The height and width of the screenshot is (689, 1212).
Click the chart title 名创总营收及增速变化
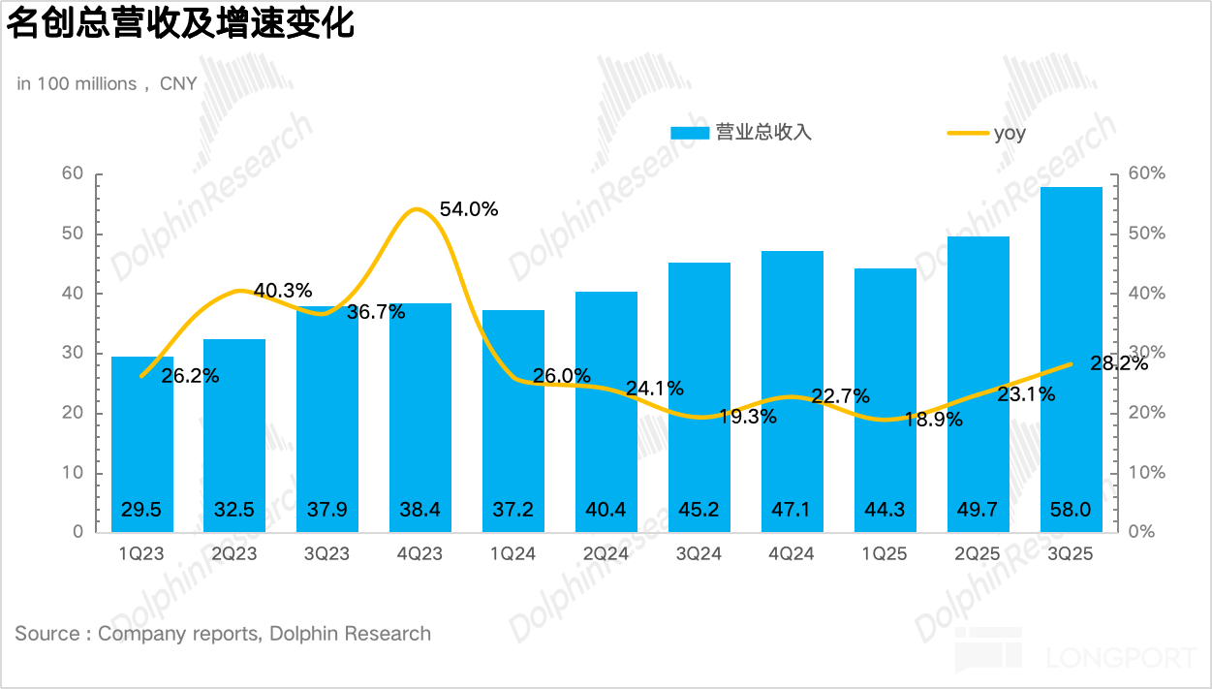181,25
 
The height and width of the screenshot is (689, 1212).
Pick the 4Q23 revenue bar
420,417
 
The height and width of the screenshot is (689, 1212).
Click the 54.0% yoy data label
469,208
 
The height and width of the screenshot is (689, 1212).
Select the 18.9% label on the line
933,420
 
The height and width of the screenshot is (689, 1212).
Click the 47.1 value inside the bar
792,510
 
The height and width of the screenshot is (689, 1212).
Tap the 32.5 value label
234,510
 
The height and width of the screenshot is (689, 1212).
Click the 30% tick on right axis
1146,354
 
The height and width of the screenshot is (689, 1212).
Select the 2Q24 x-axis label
606,553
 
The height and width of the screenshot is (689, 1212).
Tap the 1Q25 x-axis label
885,553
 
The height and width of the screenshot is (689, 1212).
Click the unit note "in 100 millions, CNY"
107,84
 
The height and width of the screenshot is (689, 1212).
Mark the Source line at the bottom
223,634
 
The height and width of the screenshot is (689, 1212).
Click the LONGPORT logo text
1121,658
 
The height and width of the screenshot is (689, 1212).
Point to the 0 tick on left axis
78,532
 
